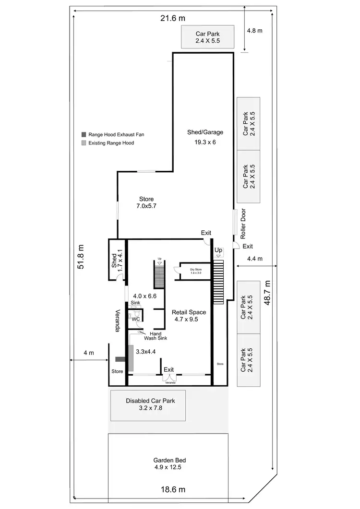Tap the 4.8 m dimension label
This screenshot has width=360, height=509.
[x=254, y=31]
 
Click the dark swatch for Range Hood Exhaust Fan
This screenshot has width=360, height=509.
[x=84, y=135]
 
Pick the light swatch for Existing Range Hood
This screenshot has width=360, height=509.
[x=84, y=143]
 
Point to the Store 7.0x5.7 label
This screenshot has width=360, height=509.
[x=146, y=202]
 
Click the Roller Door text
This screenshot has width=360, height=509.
[x=243, y=223]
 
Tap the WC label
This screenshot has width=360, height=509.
[x=136, y=319]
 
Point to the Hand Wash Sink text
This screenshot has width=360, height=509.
[x=156, y=335]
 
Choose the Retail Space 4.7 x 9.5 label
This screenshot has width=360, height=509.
[x=185, y=315]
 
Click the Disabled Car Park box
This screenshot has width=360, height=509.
[x=148, y=405]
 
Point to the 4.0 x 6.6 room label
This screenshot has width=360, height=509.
[x=145, y=296]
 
